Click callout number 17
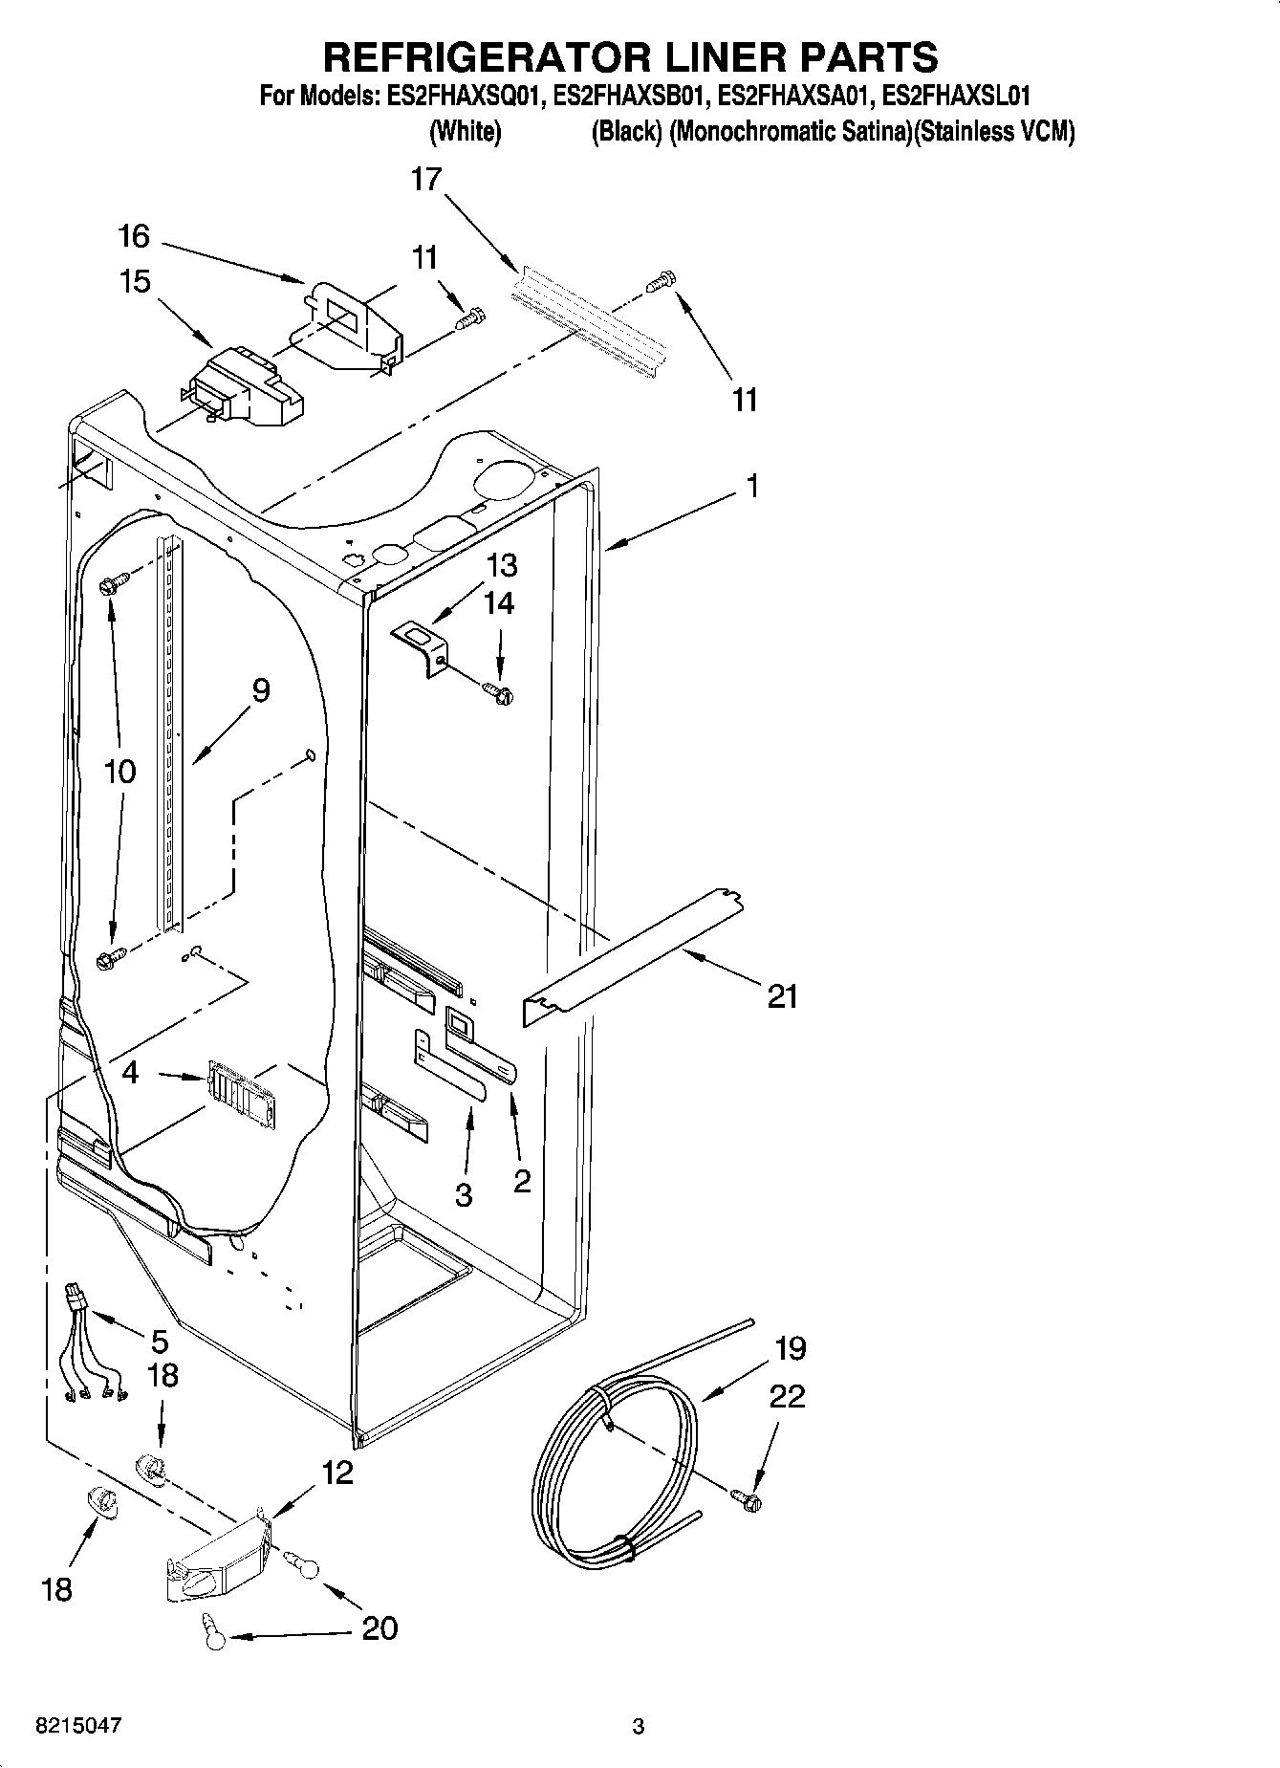(426, 179)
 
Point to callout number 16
(135, 235)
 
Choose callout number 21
(782, 996)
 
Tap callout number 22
(787, 1396)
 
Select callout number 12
(336, 1473)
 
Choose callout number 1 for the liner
(752, 486)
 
